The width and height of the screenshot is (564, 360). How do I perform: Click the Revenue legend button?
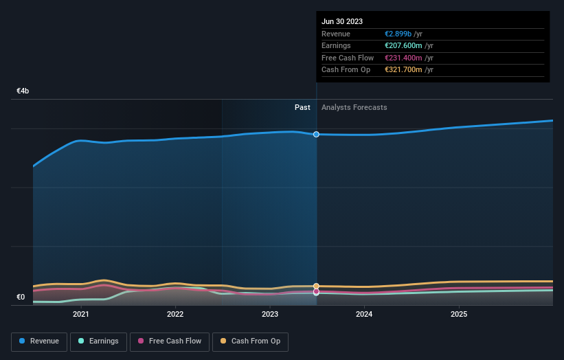pyautogui.click(x=39, y=341)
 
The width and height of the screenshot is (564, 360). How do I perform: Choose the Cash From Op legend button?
pyautogui.click(x=251, y=341)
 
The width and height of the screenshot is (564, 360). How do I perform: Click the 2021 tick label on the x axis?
pyautogui.click(x=81, y=315)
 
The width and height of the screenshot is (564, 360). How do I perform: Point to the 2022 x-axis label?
pyautogui.click(x=175, y=315)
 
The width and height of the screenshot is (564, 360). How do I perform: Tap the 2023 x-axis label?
pyautogui.click(x=270, y=315)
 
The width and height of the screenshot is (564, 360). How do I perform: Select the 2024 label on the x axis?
pyautogui.click(x=364, y=315)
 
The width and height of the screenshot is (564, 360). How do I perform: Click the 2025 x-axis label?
pyautogui.click(x=459, y=315)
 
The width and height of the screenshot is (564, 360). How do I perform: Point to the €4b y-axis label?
pyautogui.click(x=23, y=91)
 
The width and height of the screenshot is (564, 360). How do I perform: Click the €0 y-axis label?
pyautogui.click(x=21, y=297)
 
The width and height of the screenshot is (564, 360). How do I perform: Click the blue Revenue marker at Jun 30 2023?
pyautogui.click(x=316, y=134)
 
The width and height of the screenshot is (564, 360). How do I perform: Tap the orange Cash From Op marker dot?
pyautogui.click(x=316, y=286)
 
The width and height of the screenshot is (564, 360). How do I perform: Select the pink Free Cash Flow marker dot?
pyautogui.click(x=316, y=291)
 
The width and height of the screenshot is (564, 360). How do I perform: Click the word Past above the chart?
pyautogui.click(x=302, y=107)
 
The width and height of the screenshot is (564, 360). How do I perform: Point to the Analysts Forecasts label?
pyautogui.click(x=354, y=107)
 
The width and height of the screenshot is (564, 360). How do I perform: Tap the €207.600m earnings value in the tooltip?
pyautogui.click(x=404, y=46)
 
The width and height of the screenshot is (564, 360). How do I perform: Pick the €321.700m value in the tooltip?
pyautogui.click(x=404, y=70)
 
